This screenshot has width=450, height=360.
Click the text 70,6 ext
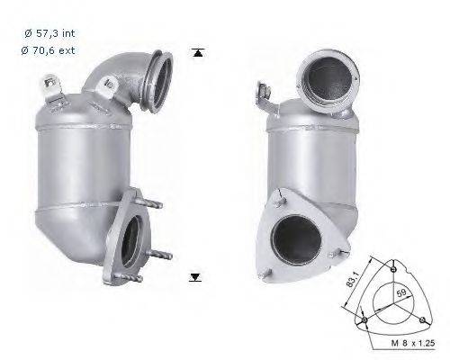47,49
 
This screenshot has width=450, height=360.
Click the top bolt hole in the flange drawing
397,267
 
